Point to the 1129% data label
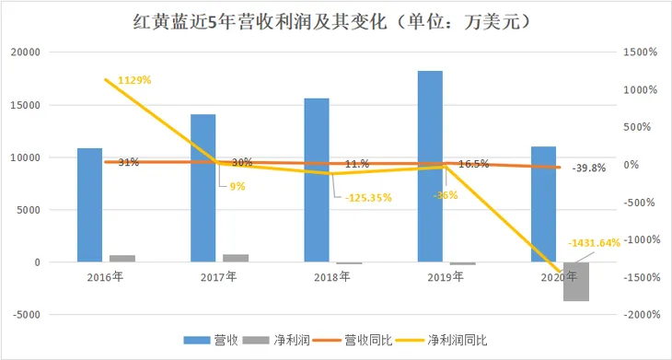click(135, 80)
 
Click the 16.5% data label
click(473, 163)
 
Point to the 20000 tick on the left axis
click(28, 52)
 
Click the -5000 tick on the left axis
click(27, 315)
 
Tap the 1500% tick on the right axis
click(639, 52)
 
